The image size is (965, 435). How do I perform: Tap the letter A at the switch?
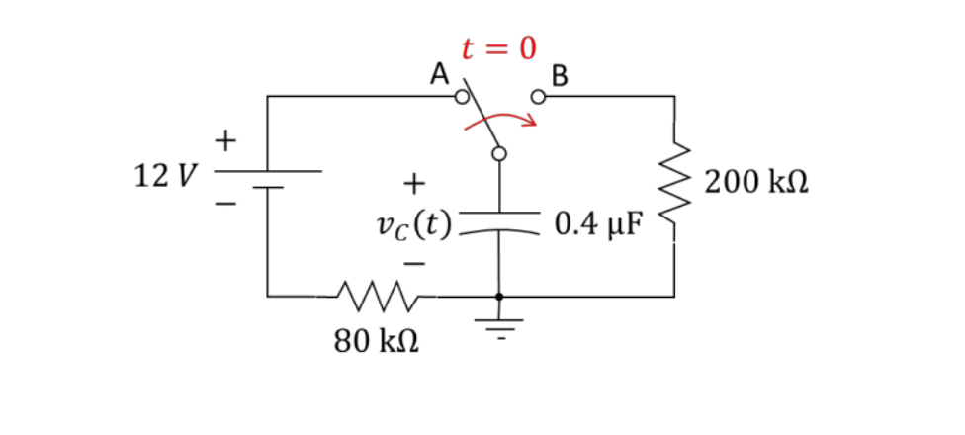(439, 72)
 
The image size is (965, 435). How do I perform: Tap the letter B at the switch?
(560, 74)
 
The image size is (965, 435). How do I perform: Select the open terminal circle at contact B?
(538, 98)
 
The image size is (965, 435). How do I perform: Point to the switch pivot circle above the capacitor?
(499, 153)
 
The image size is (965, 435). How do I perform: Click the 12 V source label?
(164, 178)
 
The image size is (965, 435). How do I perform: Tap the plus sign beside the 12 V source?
(226, 141)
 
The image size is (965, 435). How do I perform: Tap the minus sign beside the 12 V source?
(226, 206)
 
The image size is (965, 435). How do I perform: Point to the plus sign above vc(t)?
(413, 183)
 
